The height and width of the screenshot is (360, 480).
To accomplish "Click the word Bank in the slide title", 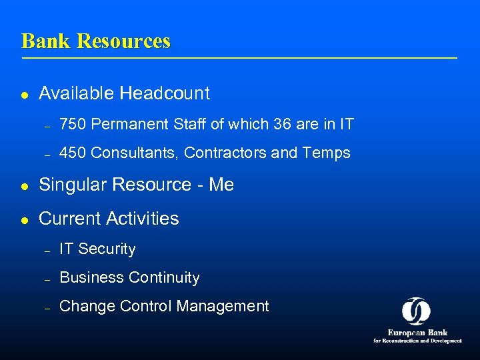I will tap(47, 41).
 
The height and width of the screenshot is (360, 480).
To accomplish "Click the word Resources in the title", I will tap(123, 41).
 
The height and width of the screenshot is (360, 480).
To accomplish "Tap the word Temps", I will tap(326, 153).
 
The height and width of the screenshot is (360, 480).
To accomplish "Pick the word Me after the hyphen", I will tap(221, 185).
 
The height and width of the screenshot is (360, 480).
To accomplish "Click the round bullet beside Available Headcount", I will tap(25, 95).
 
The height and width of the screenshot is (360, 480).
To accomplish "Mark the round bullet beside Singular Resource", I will tap(25, 186).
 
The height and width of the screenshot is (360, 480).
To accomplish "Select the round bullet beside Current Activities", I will tap(25, 220).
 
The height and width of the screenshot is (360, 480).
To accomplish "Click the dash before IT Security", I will tap(47, 251).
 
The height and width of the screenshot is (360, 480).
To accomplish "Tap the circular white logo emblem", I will tap(416, 311).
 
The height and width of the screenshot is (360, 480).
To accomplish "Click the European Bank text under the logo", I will tap(417, 332).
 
